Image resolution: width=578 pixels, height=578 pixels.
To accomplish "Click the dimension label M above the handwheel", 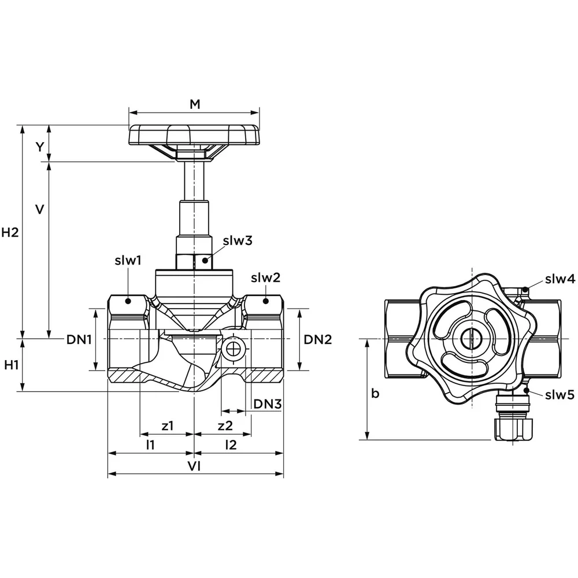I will pyautogui.click(x=195, y=104).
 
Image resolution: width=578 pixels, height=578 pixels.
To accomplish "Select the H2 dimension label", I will pyautogui.click(x=10, y=233).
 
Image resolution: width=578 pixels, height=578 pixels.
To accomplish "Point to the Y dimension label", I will pyautogui.click(x=39, y=147).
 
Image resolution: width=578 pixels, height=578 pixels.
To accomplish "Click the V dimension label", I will pyautogui.click(x=39, y=209).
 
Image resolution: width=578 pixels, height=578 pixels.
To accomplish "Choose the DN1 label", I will pyautogui.click(x=79, y=340).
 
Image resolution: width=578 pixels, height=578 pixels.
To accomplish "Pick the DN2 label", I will pyautogui.click(x=318, y=340).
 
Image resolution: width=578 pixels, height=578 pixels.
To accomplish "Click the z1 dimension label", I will pyautogui.click(x=168, y=426).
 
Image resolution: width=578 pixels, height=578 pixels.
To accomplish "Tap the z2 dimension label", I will pyautogui.click(x=225, y=426).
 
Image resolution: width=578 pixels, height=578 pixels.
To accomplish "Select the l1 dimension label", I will pyautogui.click(x=150, y=445).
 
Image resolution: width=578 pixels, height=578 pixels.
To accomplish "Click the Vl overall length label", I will pyautogui.click(x=195, y=466).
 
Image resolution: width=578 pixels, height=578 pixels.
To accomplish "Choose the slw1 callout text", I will pyautogui.click(x=128, y=261).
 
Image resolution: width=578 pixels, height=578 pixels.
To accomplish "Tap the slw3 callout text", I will pyautogui.click(x=238, y=240).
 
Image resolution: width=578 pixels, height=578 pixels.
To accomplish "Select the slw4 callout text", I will pyautogui.click(x=560, y=280).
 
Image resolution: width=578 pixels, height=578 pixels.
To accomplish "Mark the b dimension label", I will pyautogui.click(x=375, y=394).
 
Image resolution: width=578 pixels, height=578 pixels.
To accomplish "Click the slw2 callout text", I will pyautogui.click(x=265, y=278).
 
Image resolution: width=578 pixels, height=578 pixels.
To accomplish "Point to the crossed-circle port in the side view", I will pyautogui.click(x=234, y=349).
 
